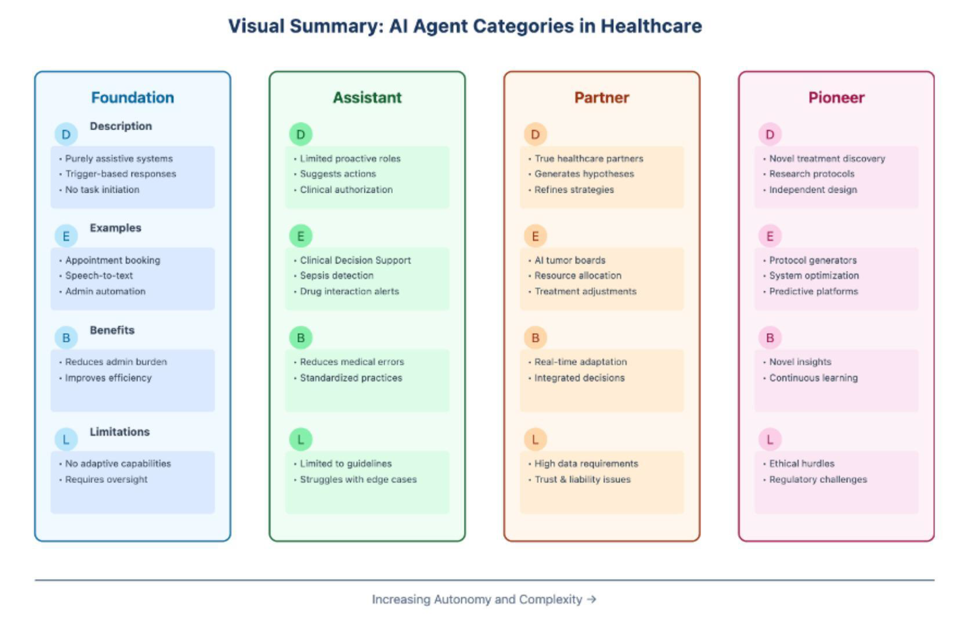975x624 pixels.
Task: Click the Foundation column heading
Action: (132, 98)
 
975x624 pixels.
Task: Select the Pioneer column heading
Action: (836, 98)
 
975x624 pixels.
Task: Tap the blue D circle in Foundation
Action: (66, 134)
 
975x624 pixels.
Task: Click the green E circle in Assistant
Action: (301, 236)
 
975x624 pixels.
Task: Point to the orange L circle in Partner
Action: (535, 439)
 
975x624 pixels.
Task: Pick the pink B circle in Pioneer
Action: (770, 338)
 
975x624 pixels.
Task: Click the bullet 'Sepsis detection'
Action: (336, 275)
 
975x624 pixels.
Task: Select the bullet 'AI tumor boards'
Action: (570, 260)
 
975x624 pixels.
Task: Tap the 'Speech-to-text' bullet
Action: (99, 275)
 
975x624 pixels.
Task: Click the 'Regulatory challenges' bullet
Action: (818, 479)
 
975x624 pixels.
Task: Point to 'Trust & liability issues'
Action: (583, 479)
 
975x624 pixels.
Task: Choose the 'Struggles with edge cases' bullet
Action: (358, 479)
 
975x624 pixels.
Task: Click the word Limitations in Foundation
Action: (119, 432)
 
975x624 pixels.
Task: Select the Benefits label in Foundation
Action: (112, 330)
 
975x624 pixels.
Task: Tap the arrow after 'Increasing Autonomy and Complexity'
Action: (591, 599)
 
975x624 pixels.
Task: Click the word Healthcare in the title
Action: (651, 26)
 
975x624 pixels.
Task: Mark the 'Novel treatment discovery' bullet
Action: (827, 158)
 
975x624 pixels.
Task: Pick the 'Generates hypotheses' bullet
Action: (584, 174)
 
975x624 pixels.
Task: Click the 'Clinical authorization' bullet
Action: (346, 189)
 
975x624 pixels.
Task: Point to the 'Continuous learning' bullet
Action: (813, 378)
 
